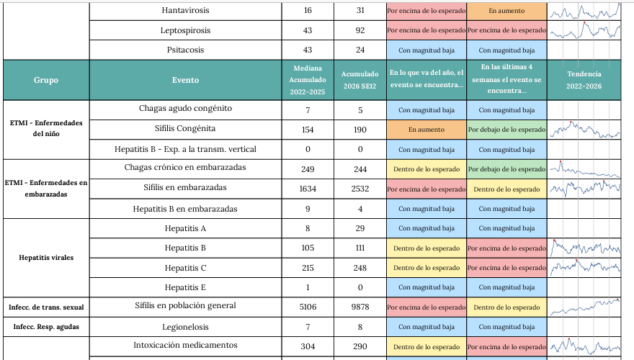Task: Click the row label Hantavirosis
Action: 185,11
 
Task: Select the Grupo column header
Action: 46,80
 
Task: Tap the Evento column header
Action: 185,80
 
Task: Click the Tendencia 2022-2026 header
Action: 584,80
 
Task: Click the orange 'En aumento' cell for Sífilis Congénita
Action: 426,130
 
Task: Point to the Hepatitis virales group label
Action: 46,257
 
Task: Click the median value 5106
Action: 308,307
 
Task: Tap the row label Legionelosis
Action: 185,327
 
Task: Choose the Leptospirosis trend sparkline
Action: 584,31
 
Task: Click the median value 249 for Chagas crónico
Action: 308,168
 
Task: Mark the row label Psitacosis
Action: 185,50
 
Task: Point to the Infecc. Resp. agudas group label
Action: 46,327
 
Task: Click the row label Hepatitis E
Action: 185,287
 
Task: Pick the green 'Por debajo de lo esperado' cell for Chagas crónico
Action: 506,168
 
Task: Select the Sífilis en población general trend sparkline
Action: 584,307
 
